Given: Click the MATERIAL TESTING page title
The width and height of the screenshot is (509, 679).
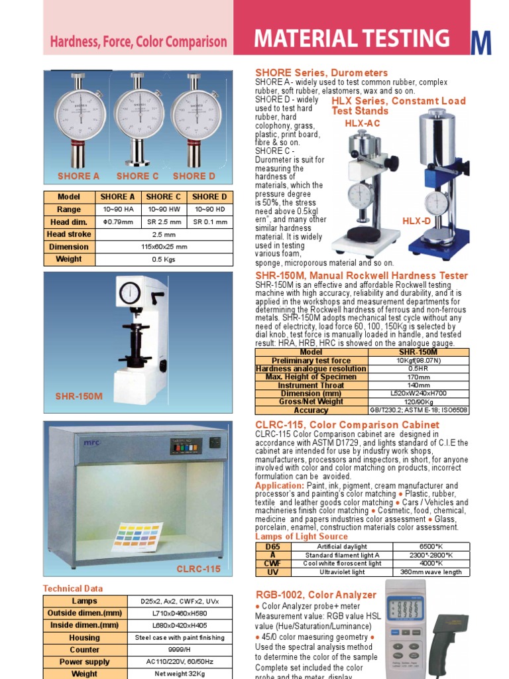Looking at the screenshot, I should pos(351,38).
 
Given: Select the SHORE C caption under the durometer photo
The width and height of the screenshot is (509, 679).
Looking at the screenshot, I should pos(137,176).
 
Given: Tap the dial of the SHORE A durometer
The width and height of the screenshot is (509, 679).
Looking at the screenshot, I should pos(80,113).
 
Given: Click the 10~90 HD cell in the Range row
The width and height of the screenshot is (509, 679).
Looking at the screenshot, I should pos(209,210).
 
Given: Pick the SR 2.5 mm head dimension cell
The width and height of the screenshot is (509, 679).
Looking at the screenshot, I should pos(164,222).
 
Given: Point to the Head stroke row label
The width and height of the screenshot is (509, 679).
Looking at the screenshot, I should pos(69,235).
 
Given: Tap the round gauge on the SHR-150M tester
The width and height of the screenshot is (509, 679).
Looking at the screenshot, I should pos(130,292).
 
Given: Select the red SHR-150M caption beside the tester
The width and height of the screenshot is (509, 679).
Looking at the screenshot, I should pos(79,397).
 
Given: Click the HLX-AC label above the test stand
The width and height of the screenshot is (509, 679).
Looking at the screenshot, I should pos(363,124).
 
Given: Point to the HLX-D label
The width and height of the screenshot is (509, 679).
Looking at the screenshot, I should pos(417,220).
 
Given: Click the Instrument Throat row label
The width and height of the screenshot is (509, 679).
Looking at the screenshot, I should pos(311,385).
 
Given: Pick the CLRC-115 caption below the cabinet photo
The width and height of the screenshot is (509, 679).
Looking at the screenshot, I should pos(198,570).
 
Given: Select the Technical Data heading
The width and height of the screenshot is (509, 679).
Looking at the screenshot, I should pos(73,588).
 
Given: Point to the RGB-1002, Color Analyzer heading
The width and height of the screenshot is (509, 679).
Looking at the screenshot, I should pos(315,595).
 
